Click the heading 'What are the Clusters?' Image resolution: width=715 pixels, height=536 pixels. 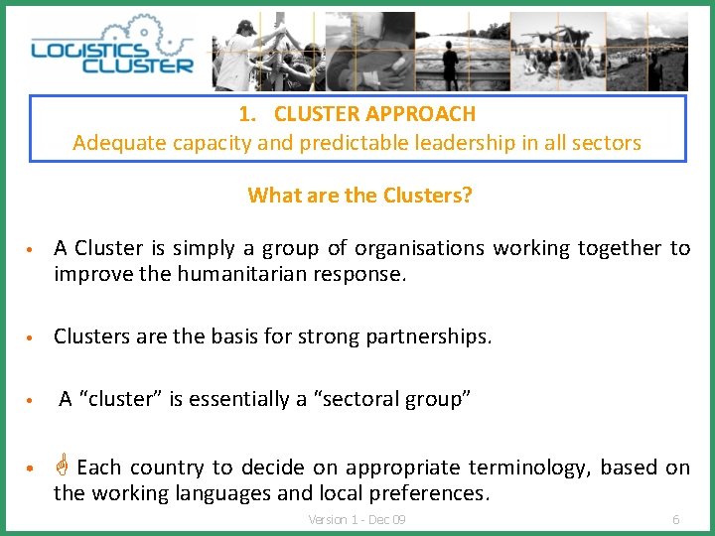coord(359,195)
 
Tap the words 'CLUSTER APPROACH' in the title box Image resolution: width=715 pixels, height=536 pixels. coord(374,114)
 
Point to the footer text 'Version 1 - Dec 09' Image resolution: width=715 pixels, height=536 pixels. coord(357,520)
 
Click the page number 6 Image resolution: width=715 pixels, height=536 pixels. coord(676,520)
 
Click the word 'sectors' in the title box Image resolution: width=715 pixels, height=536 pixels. coord(609,143)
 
